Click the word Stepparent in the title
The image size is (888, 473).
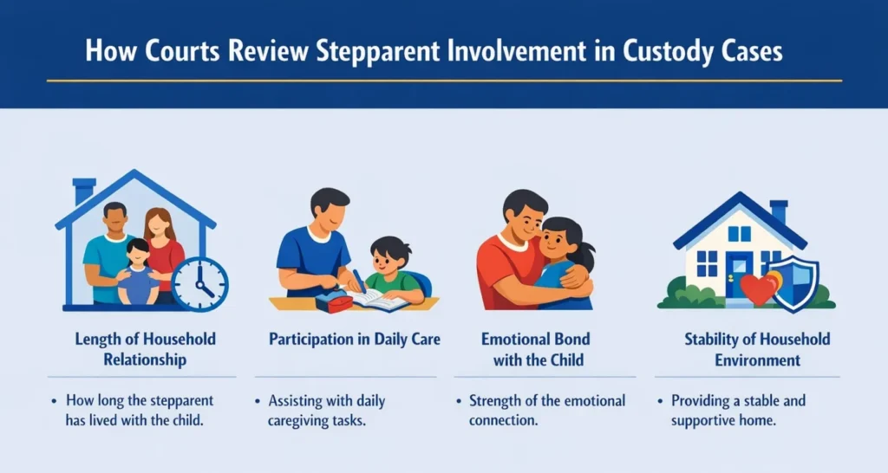tap(378, 51)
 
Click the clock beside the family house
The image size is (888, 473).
tap(200, 285)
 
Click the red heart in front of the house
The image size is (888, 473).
tap(758, 288)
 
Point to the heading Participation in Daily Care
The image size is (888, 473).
tap(355, 339)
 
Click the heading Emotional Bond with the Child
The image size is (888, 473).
tap(537, 349)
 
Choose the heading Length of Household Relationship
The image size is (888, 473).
tap(145, 349)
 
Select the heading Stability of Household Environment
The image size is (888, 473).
tap(757, 349)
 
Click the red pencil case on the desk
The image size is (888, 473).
tap(334, 302)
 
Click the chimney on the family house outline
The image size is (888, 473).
tap(84, 191)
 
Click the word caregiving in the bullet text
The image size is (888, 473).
tap(299, 421)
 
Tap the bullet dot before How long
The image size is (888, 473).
tap(55, 401)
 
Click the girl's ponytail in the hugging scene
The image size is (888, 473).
tap(587, 257)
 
